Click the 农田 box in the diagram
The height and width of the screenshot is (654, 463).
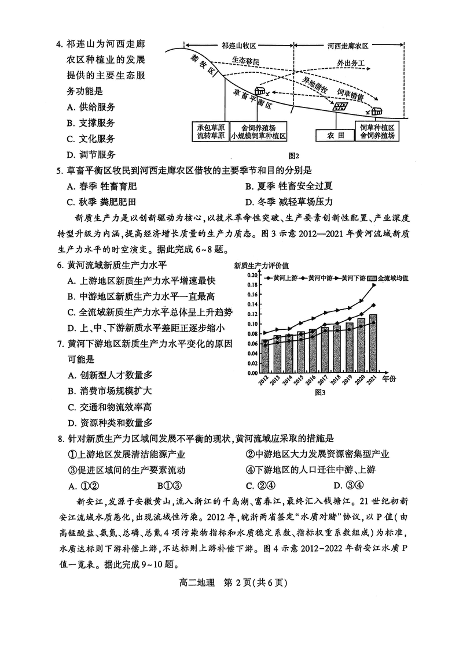point(336,136)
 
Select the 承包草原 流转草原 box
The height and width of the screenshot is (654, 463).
point(210,132)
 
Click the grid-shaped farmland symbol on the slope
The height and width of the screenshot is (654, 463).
point(339,105)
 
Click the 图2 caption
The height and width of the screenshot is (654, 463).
point(293,155)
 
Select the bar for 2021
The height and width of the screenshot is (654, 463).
point(373,343)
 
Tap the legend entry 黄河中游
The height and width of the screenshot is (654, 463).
point(319,278)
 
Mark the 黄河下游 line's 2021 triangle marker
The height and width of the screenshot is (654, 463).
point(374,285)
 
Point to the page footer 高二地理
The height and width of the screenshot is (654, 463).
point(197,582)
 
